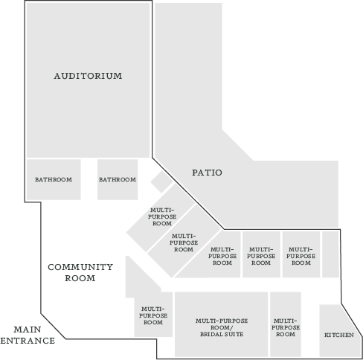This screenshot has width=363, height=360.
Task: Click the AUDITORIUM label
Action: click(88, 76)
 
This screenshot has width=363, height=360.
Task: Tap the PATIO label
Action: click(207, 173)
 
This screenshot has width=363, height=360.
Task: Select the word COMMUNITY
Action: click(80, 267)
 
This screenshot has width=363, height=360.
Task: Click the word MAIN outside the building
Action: click(28, 330)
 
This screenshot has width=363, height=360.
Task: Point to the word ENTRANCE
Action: click(28, 341)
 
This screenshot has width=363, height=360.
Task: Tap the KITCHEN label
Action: click(339, 335)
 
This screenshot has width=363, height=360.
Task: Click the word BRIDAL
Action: click(211, 334)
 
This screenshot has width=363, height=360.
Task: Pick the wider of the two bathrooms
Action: click(54, 179)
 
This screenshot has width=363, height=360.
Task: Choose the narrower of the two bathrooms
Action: click(118, 179)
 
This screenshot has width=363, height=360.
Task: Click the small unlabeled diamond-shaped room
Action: click(161, 181)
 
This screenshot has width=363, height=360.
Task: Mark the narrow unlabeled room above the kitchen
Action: click(330, 254)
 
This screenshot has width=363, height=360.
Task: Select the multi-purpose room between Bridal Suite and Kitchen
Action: click(286, 324)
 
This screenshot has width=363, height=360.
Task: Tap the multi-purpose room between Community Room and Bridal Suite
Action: click(153, 315)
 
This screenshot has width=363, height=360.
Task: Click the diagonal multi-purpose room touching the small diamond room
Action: click(161, 217)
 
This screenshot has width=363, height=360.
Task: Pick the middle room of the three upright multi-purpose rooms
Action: click(261, 254)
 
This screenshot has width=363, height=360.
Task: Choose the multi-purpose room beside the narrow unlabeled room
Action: click(301, 254)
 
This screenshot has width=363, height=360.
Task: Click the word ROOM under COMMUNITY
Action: click(80, 278)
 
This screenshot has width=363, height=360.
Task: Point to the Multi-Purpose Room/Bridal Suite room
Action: click(221, 324)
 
